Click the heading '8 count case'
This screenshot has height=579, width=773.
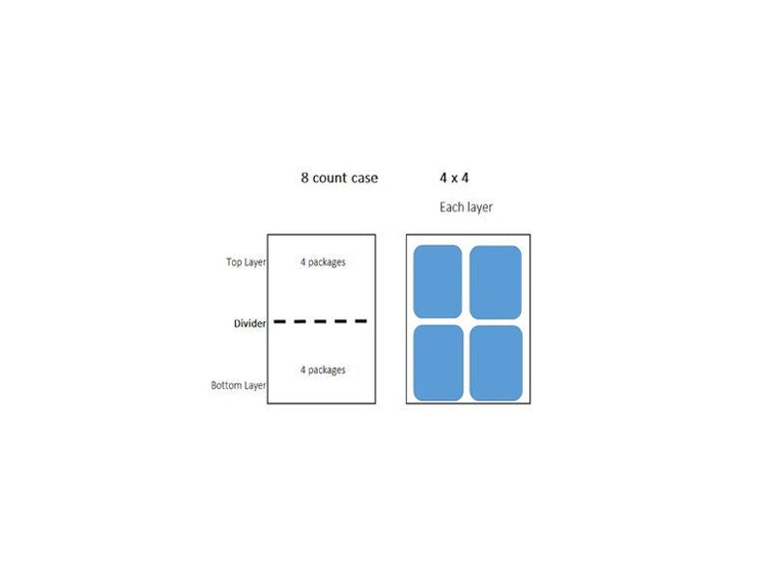pos(339,178)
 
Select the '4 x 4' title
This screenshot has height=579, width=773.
pos(454,178)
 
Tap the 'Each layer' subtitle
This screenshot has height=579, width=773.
pos(466,207)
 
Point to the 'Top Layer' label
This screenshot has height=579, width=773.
pos(246,262)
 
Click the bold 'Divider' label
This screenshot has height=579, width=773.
pos(249,323)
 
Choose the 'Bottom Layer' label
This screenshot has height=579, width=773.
pos(238,385)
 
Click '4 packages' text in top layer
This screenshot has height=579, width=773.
pos(323,262)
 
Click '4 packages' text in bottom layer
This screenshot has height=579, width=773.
pos(323,371)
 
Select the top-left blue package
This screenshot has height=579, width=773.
pos(438,282)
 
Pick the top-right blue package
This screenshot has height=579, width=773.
pos(496,283)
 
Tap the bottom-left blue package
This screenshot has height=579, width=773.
pos(439,363)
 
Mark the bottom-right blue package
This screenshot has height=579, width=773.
pos(496,364)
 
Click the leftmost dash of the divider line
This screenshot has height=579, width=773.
pos(279,321)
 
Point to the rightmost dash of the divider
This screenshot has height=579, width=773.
pos(360,321)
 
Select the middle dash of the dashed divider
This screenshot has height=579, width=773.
pos(321,321)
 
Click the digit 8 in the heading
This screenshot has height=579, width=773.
pos(304,178)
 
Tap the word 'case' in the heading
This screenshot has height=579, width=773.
pos(365,179)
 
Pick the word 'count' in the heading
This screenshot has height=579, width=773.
pos(329,178)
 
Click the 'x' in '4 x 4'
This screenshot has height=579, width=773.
pos(454,179)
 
